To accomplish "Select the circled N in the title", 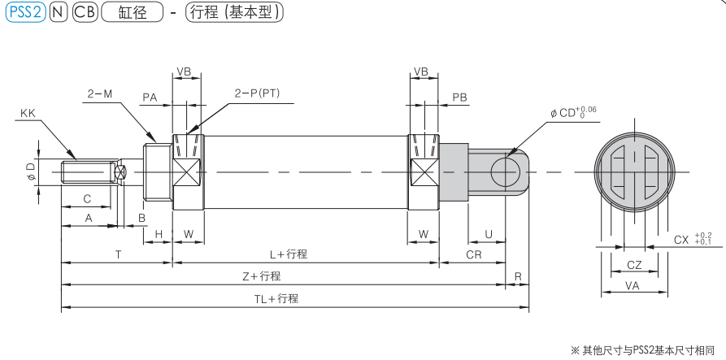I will (x=59, y=13).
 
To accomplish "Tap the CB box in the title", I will (x=84, y=13).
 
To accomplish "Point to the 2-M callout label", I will (x=100, y=93).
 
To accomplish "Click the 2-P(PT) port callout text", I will (x=257, y=93).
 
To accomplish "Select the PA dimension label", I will (x=150, y=97).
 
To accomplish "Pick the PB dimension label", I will (x=460, y=97).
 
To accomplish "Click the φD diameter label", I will (x=30, y=171).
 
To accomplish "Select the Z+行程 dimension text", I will (x=262, y=276).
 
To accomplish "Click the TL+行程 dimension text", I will (x=276, y=299).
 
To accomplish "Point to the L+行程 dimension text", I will (x=289, y=254).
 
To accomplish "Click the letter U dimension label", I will (x=488, y=234).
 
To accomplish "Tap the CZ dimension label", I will (x=635, y=264).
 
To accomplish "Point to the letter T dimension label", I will (x=118, y=254).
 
